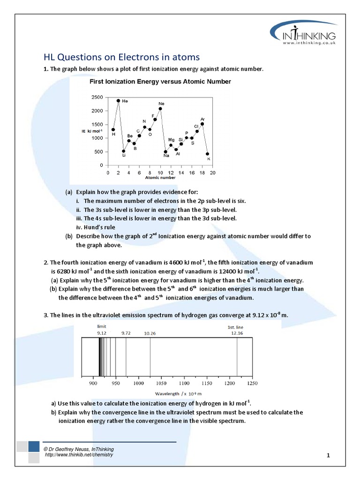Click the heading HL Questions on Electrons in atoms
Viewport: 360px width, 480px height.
pos(121,57)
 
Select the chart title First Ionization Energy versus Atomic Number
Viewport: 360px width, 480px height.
pos(160,82)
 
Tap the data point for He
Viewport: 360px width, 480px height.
pos(118,100)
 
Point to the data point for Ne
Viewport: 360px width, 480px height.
pos(160,109)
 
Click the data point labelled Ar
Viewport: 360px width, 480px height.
pos(202,124)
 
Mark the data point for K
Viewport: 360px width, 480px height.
pos(208,154)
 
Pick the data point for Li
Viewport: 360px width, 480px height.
pos(124,151)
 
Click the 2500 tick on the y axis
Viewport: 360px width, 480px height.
pos(97,97)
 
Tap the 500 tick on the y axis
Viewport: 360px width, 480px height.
pos(98,152)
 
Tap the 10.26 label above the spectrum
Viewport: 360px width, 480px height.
pos(150,333)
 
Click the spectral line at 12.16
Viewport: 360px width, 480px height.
pos(237,356)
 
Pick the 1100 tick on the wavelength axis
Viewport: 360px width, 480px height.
pos(184,383)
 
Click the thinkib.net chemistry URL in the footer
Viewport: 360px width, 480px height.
pos(79,455)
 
